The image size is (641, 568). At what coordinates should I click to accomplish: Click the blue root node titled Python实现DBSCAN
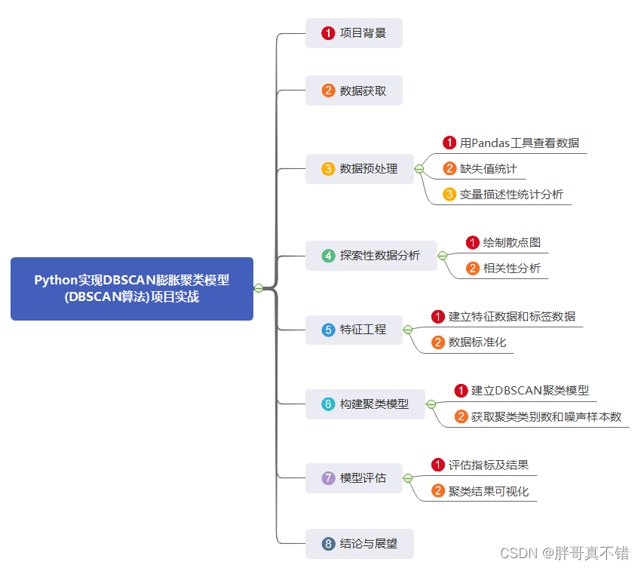click(x=132, y=288)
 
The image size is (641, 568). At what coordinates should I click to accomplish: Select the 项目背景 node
click(x=354, y=33)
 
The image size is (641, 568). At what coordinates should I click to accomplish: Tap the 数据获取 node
click(x=354, y=91)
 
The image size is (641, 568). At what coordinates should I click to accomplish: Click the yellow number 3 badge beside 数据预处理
click(x=328, y=169)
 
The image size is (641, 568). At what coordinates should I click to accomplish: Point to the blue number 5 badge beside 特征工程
click(x=328, y=330)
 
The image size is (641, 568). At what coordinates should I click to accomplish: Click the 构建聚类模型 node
click(x=365, y=404)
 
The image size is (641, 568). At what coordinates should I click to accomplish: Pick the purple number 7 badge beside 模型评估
click(x=328, y=478)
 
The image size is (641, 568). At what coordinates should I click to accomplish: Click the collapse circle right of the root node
click(x=259, y=288)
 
